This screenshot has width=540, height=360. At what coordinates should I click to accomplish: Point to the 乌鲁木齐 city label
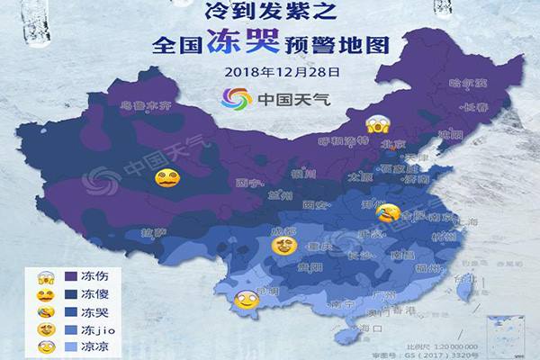tap(141, 105)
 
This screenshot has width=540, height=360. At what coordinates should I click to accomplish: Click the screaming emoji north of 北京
tap(375, 124)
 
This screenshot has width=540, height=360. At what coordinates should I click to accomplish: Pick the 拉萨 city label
tap(153, 232)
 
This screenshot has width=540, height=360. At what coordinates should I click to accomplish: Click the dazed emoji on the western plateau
tap(165, 177)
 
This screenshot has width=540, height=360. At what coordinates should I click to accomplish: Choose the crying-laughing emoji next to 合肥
tap(388, 213)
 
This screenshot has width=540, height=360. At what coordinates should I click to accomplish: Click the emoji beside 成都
tap(284, 244)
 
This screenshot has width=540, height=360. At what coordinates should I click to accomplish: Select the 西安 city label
tap(315, 204)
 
